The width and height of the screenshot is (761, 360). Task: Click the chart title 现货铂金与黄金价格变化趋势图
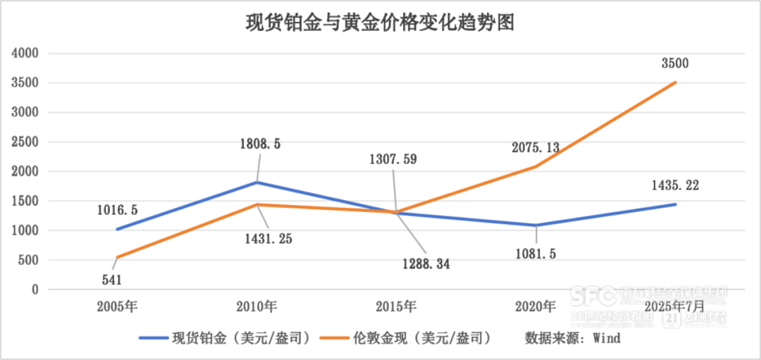coord(380,23)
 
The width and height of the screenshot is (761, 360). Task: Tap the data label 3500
coord(674,63)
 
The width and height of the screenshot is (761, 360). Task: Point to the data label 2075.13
coord(535,147)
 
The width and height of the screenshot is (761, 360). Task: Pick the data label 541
coord(111,280)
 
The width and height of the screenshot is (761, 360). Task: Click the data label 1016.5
coord(118,209)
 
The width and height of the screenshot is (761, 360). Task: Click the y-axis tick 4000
coord(26,53)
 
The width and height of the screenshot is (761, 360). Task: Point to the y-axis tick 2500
coord(26,142)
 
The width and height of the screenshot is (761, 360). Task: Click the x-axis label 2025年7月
coord(674,306)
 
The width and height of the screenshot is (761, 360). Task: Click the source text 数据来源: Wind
coord(572,338)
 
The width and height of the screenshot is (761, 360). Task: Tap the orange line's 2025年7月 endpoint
coord(676,82)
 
